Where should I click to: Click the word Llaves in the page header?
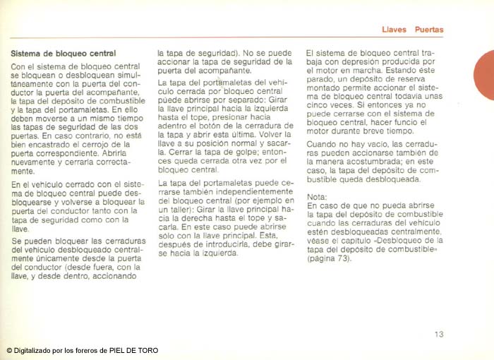click(394, 30)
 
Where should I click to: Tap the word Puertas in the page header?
click(429, 30)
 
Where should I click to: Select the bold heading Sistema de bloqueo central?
click(64, 53)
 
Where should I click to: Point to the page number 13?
click(439, 335)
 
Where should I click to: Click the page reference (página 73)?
click(328, 259)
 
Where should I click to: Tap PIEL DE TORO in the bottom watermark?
click(133, 351)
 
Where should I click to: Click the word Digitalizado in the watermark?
click(31, 351)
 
